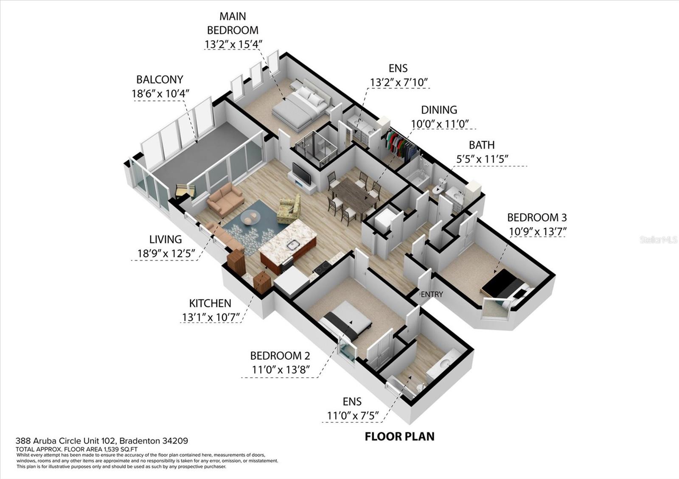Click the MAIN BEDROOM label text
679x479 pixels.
click(232, 23)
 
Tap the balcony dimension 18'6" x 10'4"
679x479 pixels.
click(160, 93)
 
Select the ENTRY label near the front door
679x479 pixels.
click(432, 294)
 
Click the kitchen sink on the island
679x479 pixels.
click(293, 244)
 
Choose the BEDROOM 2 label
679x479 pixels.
click(280, 355)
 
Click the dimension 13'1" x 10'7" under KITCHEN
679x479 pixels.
click(211, 317)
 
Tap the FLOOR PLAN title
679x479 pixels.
click(399, 436)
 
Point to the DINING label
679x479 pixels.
click(439, 110)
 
